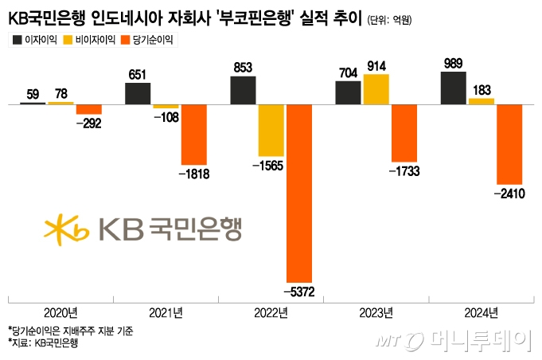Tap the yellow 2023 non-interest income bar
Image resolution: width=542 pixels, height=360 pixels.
click(376, 88)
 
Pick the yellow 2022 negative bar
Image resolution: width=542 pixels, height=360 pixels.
click(271, 130)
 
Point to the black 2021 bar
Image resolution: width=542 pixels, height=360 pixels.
click(138, 93)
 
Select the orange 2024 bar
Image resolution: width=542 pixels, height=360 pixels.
click(509, 143)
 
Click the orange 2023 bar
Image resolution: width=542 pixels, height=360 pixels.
click(404, 132)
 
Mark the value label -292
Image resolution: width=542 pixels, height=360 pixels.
click(88, 123)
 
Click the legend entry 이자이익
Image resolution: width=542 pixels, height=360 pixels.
click(33, 38)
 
